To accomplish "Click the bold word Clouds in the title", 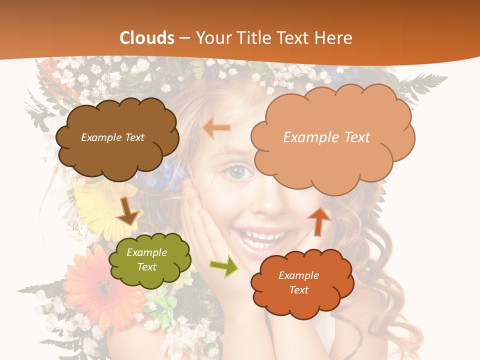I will [147, 38].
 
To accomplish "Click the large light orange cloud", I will [332, 150].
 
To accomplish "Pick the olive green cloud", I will [150, 260].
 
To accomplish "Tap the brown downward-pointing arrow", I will [127, 211].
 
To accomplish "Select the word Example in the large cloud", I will [306, 137].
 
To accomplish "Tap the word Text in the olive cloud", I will [147, 267].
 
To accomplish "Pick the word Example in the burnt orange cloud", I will [298, 275].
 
